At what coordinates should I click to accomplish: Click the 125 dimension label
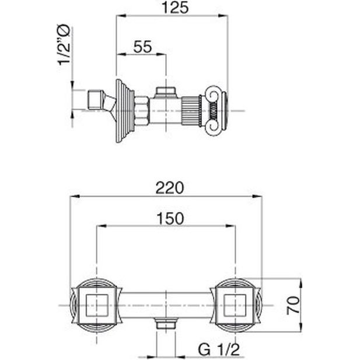tap(175, 8)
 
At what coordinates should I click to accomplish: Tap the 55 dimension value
tap(142, 47)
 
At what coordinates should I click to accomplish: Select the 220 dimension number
tap(170, 188)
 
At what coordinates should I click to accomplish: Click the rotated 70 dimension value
tap(293, 305)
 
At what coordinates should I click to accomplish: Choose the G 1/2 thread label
tap(219, 349)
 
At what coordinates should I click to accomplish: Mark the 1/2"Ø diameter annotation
tap(64, 45)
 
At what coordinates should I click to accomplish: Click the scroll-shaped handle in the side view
tap(216, 111)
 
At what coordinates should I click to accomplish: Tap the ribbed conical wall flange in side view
tap(125, 111)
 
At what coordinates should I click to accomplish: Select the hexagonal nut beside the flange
tap(142, 111)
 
